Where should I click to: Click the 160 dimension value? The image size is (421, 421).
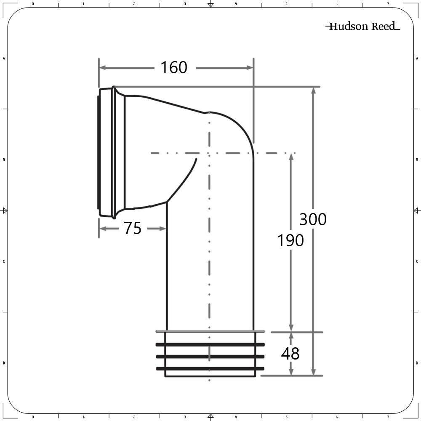174,67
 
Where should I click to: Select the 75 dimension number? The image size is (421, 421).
133,229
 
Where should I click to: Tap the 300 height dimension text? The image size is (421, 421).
313,219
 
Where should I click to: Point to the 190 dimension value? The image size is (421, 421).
290,241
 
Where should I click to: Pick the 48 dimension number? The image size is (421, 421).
290,354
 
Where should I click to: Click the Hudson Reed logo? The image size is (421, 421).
362,27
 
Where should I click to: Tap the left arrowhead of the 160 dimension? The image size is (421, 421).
102,67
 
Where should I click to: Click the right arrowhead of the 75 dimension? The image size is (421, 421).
164,229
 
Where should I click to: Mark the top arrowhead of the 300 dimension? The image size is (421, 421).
313,91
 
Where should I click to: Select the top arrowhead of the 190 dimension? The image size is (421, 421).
290,157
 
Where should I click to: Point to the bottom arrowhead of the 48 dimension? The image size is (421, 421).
290,372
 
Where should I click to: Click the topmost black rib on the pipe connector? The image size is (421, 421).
210,344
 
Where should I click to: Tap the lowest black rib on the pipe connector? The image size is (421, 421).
210,369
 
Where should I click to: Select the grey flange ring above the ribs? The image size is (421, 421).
210,331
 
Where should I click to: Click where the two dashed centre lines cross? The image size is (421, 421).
209,153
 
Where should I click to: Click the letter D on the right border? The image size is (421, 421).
417,363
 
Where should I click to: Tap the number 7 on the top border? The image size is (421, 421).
388,4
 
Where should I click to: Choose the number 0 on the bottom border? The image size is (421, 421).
32,417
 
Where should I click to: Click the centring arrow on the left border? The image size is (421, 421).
5,210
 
